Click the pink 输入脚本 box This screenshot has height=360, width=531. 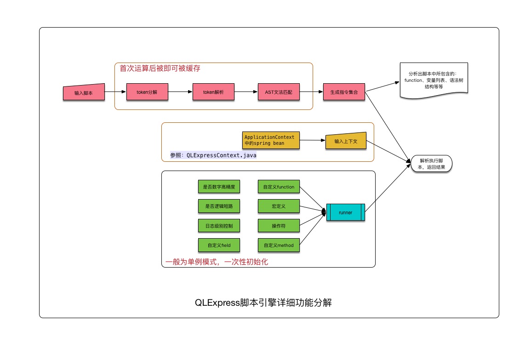click(84, 92)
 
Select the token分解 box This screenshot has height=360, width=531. click(147, 92)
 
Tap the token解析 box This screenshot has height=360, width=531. click(213, 92)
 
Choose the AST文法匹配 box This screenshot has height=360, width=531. click(279, 92)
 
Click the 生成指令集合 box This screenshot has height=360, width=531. click(344, 92)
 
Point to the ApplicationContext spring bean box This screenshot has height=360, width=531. click(270, 140)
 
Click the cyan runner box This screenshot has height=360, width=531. click(346, 212)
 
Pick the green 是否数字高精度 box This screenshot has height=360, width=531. click(219, 187)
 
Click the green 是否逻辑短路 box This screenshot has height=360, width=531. click(219, 206)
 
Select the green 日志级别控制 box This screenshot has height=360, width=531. click(219, 226)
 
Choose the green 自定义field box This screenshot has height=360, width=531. click(219, 245)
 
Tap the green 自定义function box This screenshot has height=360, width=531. click(279, 187)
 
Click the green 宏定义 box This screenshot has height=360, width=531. click(279, 206)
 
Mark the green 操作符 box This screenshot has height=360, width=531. click(279, 226)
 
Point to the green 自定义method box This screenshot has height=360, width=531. click(279, 245)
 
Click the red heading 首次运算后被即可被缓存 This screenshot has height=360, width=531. click(160, 68)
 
